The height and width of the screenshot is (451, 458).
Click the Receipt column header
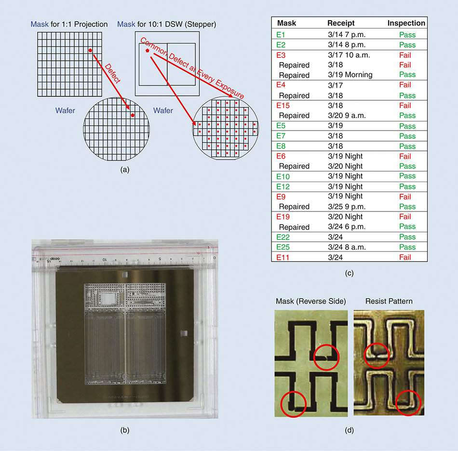(341, 23)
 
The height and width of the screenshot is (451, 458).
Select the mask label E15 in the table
(283, 106)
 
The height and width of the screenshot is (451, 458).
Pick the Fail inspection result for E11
(405, 257)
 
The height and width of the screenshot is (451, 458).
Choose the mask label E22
(283, 237)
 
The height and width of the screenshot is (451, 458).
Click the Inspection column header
(406, 23)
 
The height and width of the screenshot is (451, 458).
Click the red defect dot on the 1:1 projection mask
(90, 50)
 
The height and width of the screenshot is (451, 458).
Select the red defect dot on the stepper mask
(147, 50)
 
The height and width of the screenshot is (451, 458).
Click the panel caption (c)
(349, 273)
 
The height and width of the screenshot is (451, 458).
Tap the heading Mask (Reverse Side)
(311, 302)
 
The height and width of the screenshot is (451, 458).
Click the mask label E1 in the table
(281, 35)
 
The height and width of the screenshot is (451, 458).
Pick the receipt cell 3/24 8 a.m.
(346, 247)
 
